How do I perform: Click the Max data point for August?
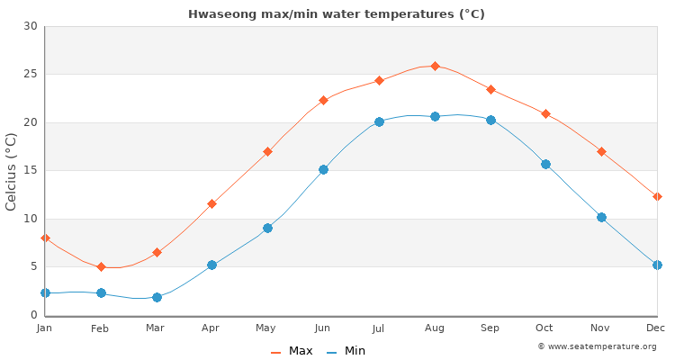pyautogui.click(x=435, y=66)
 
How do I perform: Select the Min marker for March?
pyautogui.click(x=157, y=297)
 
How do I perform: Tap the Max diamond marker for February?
pyautogui.click(x=101, y=266)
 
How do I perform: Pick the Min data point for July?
pyautogui.click(x=379, y=121)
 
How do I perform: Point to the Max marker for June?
pyautogui.click(x=323, y=100)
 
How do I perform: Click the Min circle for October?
pyautogui.click(x=545, y=164)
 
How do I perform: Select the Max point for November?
pyautogui.click(x=601, y=151)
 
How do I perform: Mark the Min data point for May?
pyautogui.click(x=267, y=228)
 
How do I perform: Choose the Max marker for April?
pyautogui.click(x=211, y=203)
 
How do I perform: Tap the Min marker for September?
pyautogui.click(x=490, y=120)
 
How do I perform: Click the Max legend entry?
pyautogui.click(x=292, y=351)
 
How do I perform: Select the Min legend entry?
pyautogui.click(x=346, y=351)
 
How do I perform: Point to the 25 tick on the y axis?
pyautogui.click(x=31, y=75)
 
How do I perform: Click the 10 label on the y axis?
pyautogui.click(x=31, y=219)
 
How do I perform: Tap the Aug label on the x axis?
pyautogui.click(x=435, y=328)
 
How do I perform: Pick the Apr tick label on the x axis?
pyautogui.click(x=211, y=328)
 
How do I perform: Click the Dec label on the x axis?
pyautogui.click(x=656, y=328)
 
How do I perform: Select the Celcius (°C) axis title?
pyautogui.click(x=12, y=171)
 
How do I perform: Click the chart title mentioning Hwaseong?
pyautogui.click(x=337, y=13)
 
